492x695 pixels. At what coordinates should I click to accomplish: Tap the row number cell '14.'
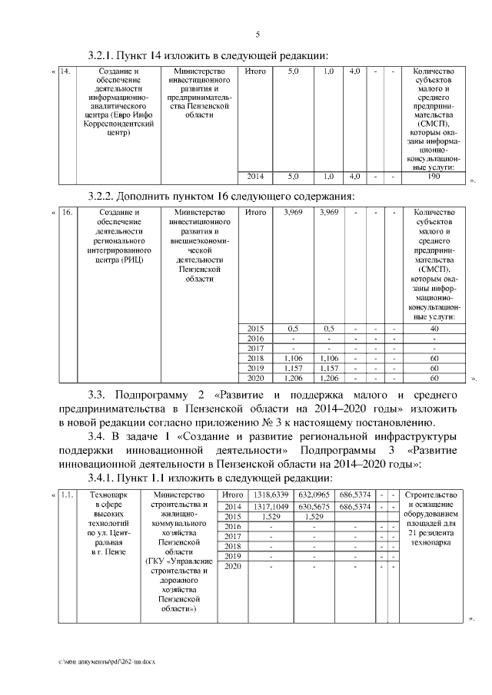point(65,72)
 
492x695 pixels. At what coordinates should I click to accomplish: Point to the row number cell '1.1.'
point(67,495)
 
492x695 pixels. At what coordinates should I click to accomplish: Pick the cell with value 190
point(434,177)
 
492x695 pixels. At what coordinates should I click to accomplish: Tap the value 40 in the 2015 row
point(434,328)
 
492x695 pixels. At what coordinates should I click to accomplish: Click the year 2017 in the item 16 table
point(255,348)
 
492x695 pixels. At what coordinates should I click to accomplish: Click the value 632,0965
point(314,495)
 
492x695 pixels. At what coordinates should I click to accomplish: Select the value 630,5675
point(314,506)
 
